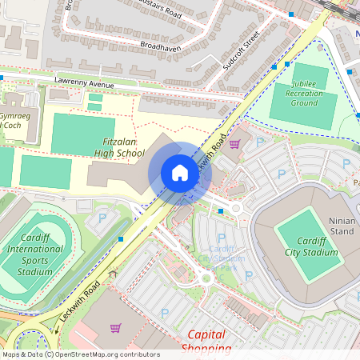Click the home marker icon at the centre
pyautogui.click(x=180, y=173)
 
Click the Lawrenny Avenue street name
pyautogui.click(x=86, y=82)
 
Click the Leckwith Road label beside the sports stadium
pyautogui.click(x=78, y=306)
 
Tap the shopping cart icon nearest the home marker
pyautogui.click(x=234, y=144)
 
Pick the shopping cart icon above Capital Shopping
pyautogui.click(x=115, y=328)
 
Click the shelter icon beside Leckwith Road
pyautogui.click(x=113, y=274)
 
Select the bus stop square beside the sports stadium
pyautogui.click(x=121, y=238)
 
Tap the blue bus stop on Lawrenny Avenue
pyautogui.click(x=2, y=78)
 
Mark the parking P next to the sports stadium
pyautogui.click(x=102, y=218)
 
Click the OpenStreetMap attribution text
pyautogui.click(x=81, y=354)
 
